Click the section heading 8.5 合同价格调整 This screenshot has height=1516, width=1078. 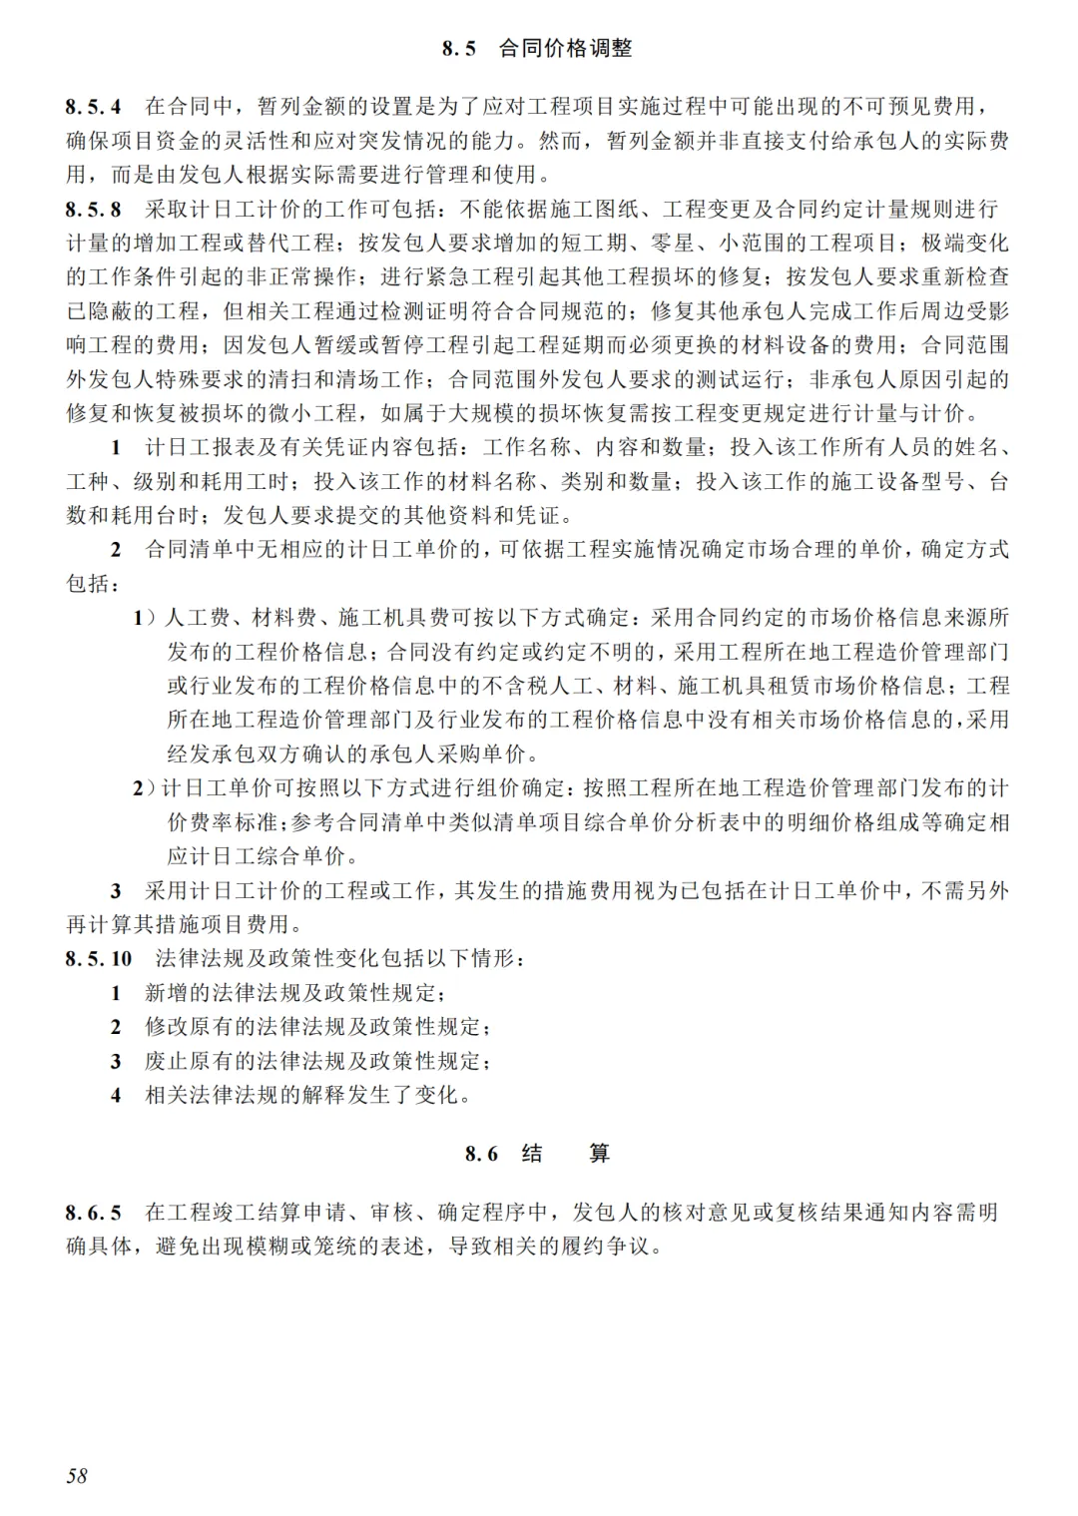(537, 48)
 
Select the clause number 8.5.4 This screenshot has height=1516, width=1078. (94, 107)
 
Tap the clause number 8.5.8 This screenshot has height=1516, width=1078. (94, 209)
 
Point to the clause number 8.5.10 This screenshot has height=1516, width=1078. (99, 958)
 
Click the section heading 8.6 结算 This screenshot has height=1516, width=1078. (537, 1154)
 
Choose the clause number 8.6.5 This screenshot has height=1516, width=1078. (94, 1213)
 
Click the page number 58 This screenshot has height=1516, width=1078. (77, 1475)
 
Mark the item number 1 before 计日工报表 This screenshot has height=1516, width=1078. (116, 446)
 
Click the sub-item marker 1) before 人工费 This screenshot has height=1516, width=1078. (146, 618)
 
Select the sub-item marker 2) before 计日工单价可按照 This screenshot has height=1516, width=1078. (146, 787)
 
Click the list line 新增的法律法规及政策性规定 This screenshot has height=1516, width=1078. (294, 992)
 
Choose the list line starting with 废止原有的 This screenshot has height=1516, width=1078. (317, 1060)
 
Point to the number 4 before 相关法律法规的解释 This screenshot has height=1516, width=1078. (116, 1095)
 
